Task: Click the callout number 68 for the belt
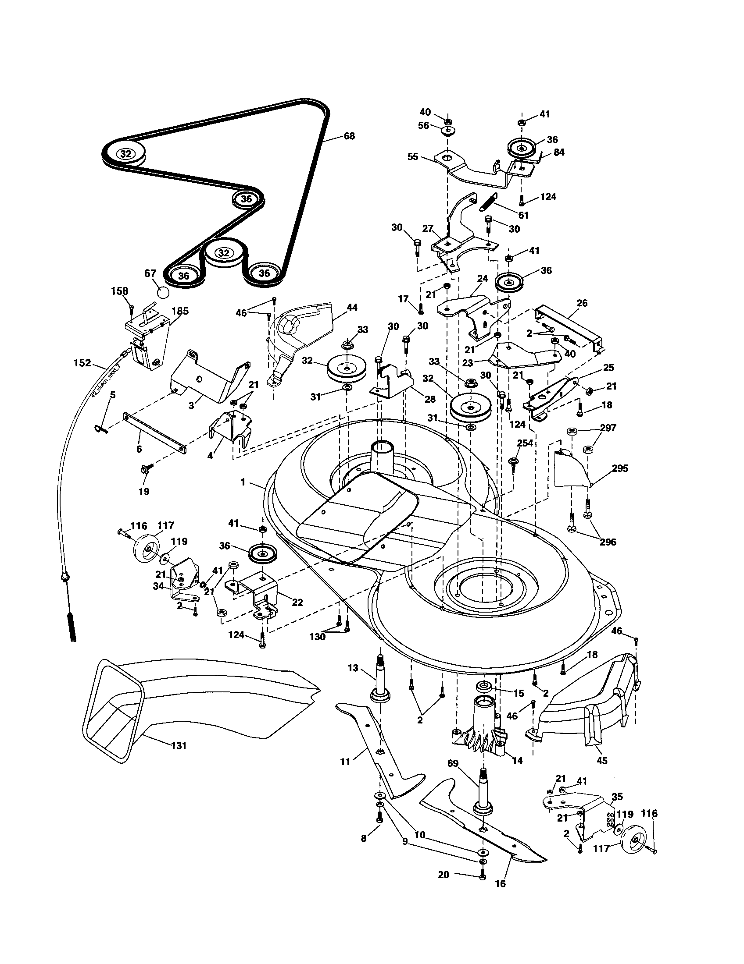coord(349,136)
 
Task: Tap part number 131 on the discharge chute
coord(179,746)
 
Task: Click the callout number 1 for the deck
coord(243,482)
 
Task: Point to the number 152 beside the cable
coord(82,363)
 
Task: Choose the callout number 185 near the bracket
coord(180,311)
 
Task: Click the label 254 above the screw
coord(525,443)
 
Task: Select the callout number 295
coord(620,469)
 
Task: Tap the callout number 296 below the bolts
coord(608,542)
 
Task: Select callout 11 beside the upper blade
coord(345,762)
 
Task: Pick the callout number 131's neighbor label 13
coord(353,669)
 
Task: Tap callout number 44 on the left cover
coord(352,308)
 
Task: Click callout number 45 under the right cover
coord(602,761)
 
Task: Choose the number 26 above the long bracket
coord(582,303)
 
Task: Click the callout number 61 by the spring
coord(524,216)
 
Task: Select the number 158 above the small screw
coord(120,291)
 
